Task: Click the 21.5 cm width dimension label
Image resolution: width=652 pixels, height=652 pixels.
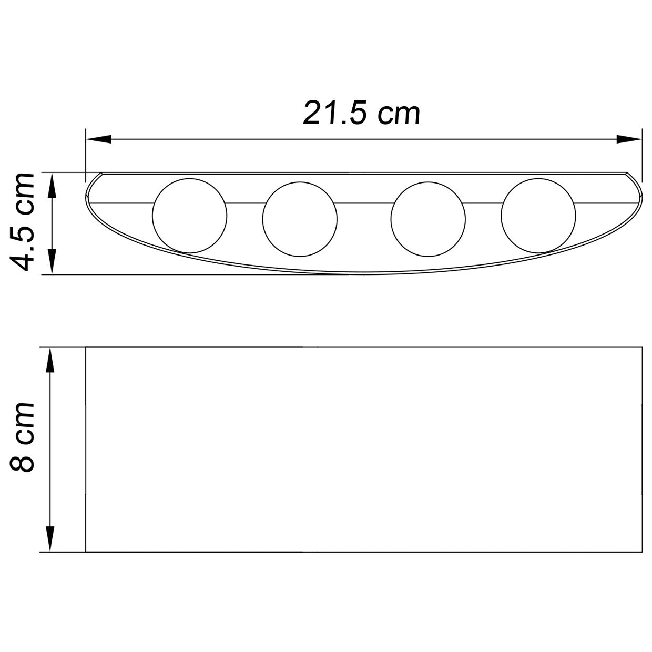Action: (362, 113)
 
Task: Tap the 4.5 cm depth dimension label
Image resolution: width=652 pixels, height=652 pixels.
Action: (23, 221)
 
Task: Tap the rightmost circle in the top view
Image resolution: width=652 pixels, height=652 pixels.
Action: (539, 216)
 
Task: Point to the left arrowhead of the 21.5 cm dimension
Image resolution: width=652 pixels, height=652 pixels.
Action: (98, 139)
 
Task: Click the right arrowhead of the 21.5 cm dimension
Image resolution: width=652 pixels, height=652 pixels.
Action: (629, 139)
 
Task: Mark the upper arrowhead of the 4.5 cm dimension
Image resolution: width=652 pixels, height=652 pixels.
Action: (52, 185)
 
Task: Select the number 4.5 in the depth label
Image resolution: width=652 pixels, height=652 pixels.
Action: (23, 245)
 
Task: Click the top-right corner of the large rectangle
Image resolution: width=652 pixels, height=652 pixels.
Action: (642, 347)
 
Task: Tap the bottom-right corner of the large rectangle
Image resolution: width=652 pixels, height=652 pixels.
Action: (642, 552)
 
